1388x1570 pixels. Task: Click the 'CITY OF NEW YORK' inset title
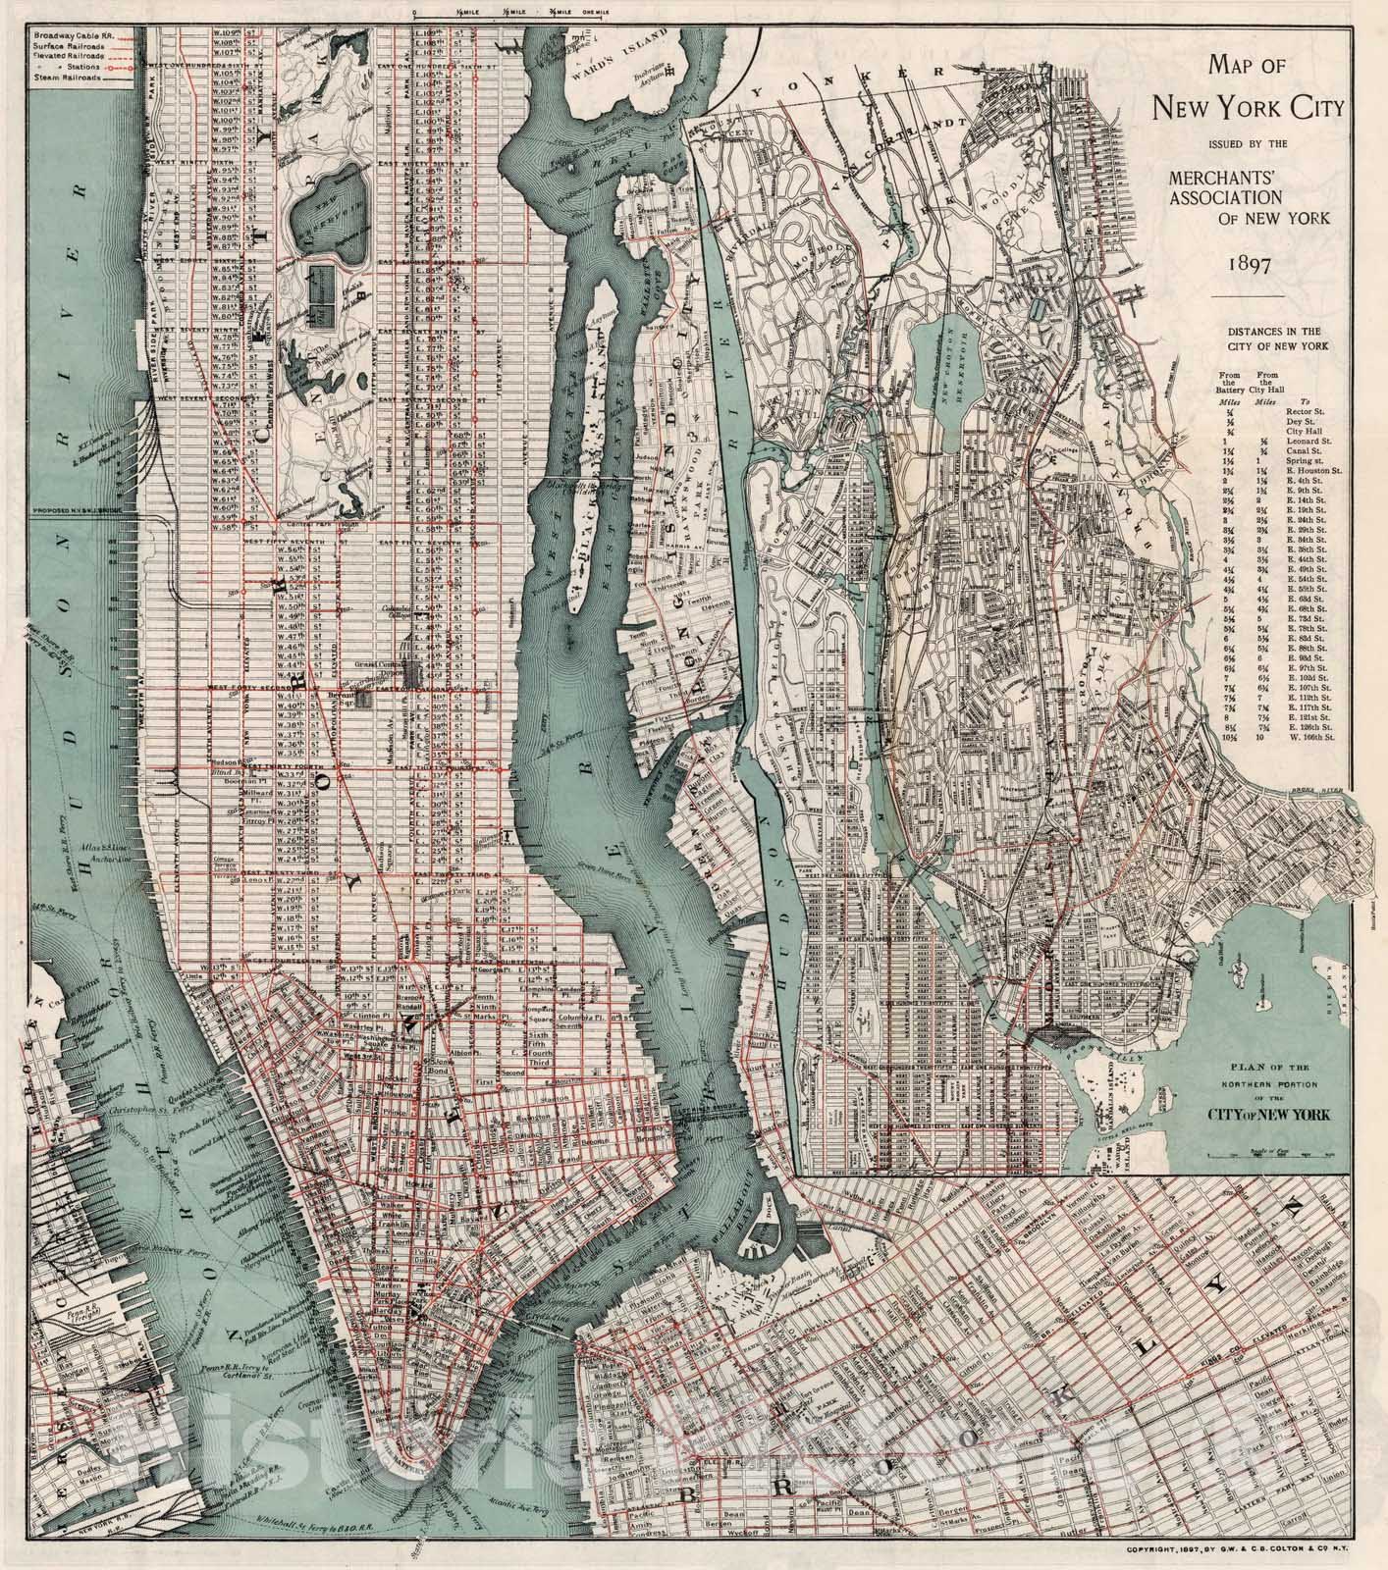1269,1115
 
